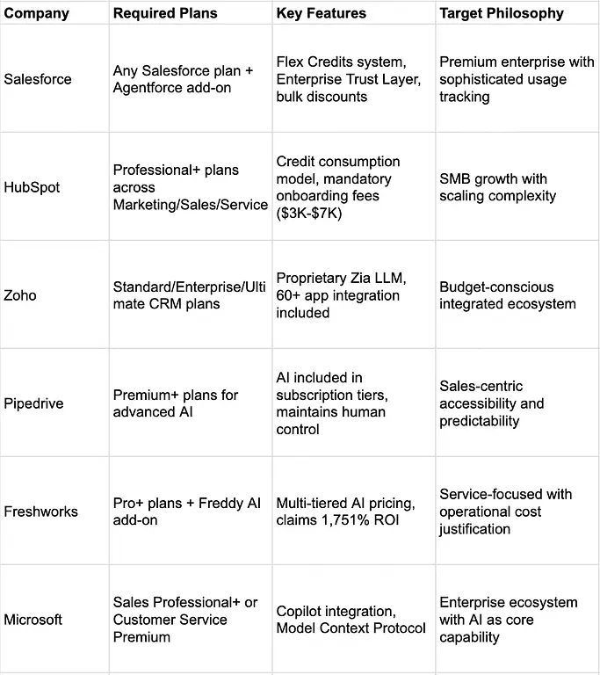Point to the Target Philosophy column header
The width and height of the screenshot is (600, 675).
(502, 13)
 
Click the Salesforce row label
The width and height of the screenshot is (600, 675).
(38, 79)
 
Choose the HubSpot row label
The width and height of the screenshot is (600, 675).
(33, 187)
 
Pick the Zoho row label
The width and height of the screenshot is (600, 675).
(20, 295)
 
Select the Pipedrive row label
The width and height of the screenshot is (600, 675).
(34, 403)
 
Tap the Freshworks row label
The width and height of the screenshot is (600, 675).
(40, 512)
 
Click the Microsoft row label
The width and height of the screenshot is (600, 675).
(33, 620)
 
